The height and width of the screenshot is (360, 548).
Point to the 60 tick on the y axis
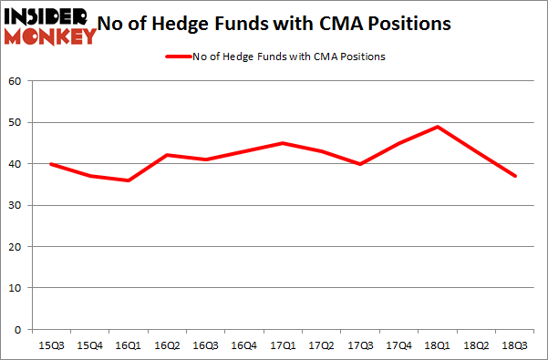pos(15,81)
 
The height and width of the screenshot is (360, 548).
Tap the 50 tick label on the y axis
pos(15,122)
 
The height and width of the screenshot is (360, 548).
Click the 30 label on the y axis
pos(15,205)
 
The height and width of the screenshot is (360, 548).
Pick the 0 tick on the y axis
pos(18,329)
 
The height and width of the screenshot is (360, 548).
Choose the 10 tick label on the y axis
pos(15,288)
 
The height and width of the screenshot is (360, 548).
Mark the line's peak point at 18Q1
pos(438,127)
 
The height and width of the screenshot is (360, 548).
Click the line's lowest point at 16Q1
pos(128,180)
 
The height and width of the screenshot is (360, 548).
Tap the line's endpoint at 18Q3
pos(515,176)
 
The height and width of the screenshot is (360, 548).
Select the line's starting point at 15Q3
pos(50,164)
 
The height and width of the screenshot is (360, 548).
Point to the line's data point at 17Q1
pos(283,143)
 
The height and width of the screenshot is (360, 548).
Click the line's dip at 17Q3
pos(360,164)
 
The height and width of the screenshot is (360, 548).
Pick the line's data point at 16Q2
pos(166,155)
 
